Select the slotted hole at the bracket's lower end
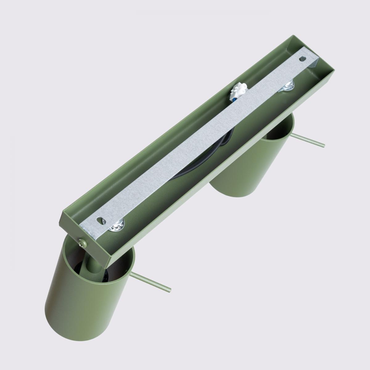click(101, 220)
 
